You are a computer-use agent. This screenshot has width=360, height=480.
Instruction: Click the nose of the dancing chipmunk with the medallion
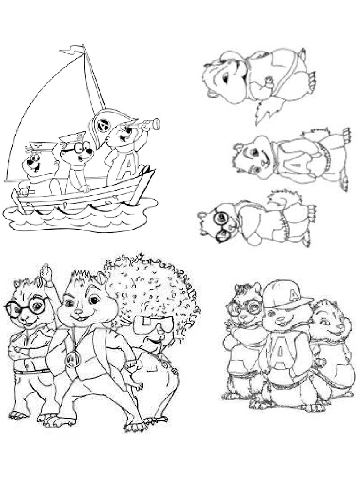pyautogui.click(x=79, y=311)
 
